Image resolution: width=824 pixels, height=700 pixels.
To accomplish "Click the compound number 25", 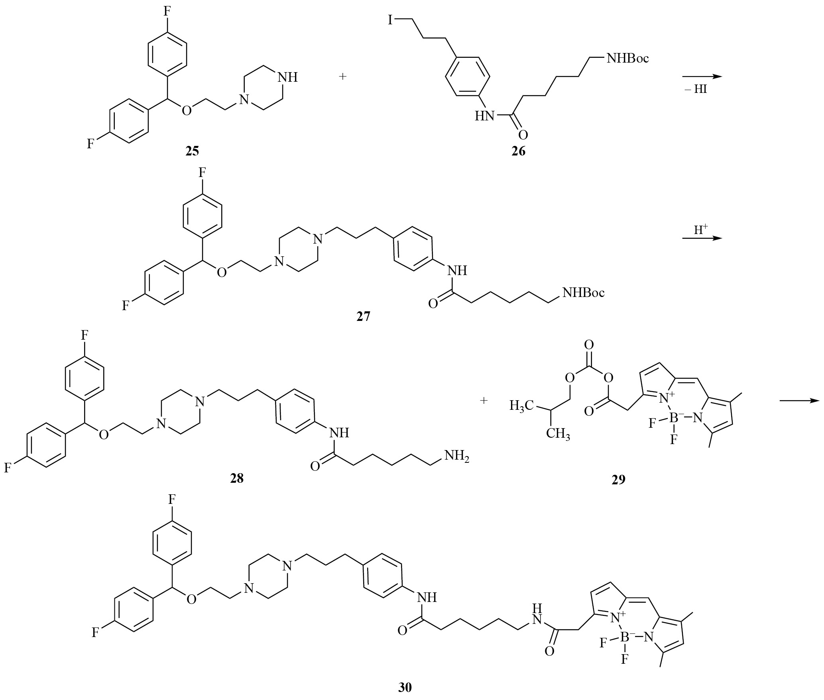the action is click(x=192, y=151).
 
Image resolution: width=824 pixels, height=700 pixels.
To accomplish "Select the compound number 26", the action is click(x=519, y=151).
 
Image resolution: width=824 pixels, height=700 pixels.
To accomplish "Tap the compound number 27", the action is click(x=363, y=316).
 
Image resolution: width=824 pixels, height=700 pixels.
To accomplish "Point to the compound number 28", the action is click(x=237, y=478).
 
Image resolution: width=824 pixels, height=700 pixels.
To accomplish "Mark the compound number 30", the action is click(x=405, y=688).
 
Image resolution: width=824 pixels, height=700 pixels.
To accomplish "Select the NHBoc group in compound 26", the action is click(x=627, y=59).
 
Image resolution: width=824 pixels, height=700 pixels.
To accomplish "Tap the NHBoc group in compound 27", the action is click(x=583, y=293).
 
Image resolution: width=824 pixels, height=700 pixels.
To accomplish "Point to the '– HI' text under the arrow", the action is click(x=696, y=89).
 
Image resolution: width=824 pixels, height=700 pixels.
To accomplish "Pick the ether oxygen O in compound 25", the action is click(x=186, y=110).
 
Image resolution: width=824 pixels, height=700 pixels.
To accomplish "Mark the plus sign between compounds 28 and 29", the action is click(x=484, y=400).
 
